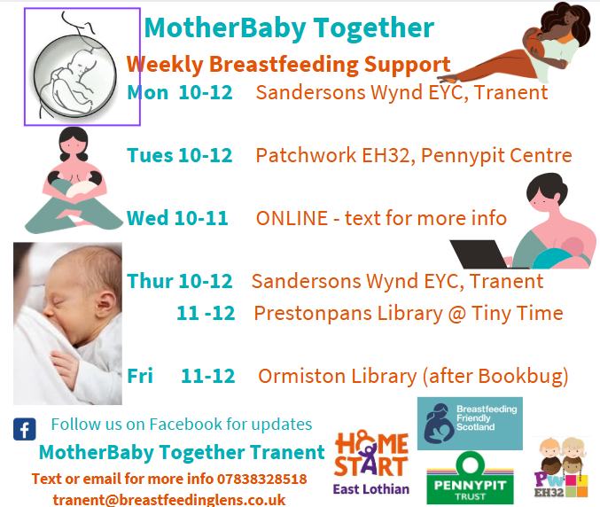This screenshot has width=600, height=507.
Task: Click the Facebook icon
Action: [x=25, y=429]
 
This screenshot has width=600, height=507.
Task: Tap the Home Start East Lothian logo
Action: [x=371, y=463]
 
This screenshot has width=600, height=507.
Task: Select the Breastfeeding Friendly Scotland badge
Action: [x=470, y=423]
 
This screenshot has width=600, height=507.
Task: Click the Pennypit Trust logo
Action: [x=471, y=479]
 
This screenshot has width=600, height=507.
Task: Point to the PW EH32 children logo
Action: [x=561, y=468]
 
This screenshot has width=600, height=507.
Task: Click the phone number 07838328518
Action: [x=262, y=479]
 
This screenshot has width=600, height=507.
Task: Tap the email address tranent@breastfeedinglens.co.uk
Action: [x=169, y=500]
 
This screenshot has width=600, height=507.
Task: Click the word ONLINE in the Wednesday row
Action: [x=292, y=218]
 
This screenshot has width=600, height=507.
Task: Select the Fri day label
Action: [x=140, y=376]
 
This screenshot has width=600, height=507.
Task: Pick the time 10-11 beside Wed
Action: [x=202, y=218]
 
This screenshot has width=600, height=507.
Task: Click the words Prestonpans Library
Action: [x=348, y=314]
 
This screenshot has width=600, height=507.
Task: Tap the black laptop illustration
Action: [x=479, y=254]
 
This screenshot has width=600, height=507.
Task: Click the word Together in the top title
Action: [x=374, y=28]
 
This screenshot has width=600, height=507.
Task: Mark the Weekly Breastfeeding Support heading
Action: [x=289, y=65]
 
